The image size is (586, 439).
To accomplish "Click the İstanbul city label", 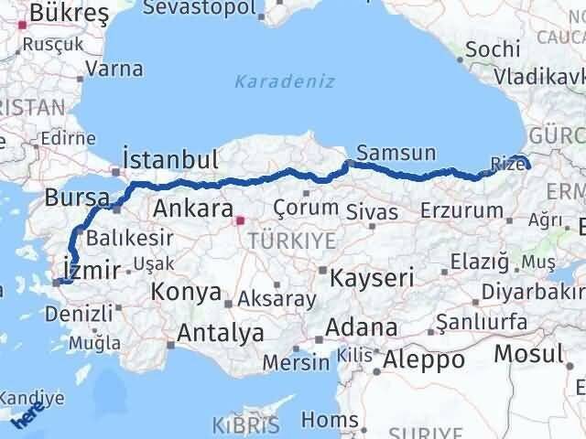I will [x=171, y=158].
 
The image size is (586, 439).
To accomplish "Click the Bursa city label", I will [x=71, y=197].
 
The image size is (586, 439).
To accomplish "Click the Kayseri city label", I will [x=373, y=275].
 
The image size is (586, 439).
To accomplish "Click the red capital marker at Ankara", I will [x=240, y=219].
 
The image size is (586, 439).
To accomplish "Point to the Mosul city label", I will [x=528, y=353].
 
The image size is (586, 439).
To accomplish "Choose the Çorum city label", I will [x=306, y=208].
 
